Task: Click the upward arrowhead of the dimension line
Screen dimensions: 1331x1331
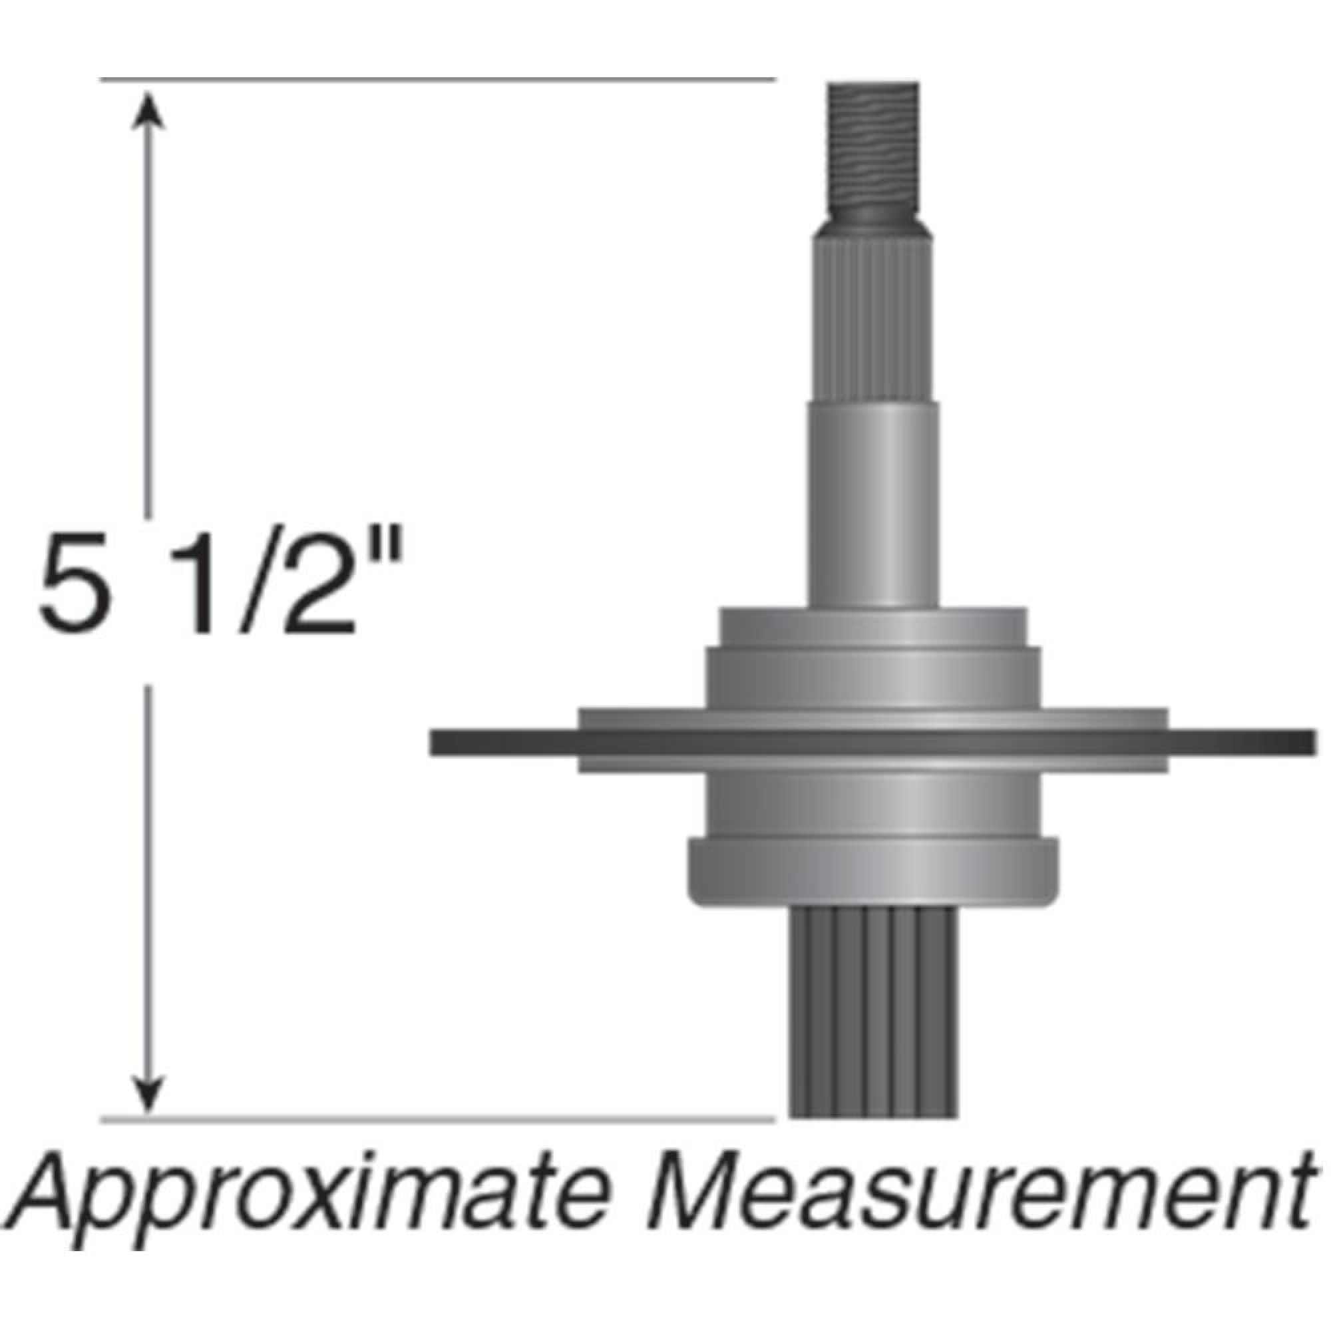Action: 146,110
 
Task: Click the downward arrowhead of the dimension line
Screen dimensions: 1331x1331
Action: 146,1096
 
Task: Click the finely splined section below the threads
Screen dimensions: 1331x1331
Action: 872,324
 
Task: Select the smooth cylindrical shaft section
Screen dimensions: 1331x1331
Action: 872,503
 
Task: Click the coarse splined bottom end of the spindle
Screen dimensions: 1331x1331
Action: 872,1020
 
